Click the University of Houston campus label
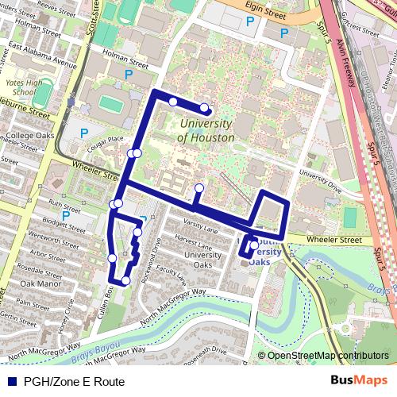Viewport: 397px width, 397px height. click(206, 131)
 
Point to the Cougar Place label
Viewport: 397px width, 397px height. click(105, 140)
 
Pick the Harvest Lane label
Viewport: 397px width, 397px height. click(194, 238)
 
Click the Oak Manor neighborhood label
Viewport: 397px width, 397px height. click(40, 283)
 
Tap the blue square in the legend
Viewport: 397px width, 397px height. click(12, 382)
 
